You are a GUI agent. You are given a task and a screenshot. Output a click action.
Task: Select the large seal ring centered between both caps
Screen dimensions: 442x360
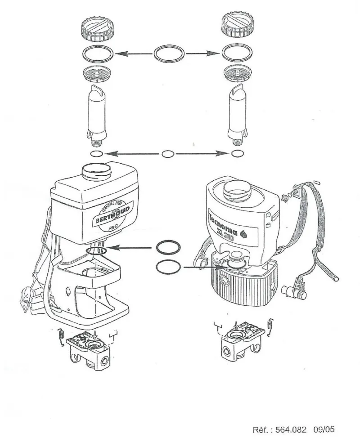tap(169, 54)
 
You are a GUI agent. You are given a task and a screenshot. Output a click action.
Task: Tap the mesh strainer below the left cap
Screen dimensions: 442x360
tap(97, 73)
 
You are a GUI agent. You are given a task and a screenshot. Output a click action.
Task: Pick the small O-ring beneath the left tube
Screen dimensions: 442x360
tap(96, 154)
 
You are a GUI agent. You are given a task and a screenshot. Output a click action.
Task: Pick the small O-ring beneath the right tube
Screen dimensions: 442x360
tap(237, 154)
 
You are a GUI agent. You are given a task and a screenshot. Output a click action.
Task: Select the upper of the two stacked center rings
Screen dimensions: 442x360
tap(168, 248)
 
